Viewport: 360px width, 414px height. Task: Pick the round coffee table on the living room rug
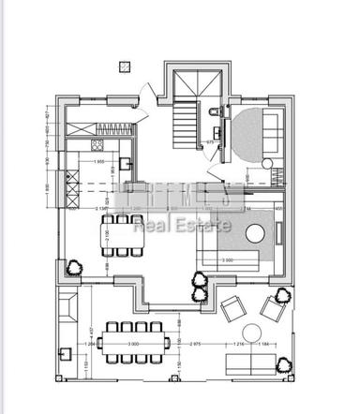[230, 235]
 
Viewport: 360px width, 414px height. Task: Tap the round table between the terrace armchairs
[251, 332]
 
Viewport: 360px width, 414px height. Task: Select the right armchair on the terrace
[273, 307]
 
